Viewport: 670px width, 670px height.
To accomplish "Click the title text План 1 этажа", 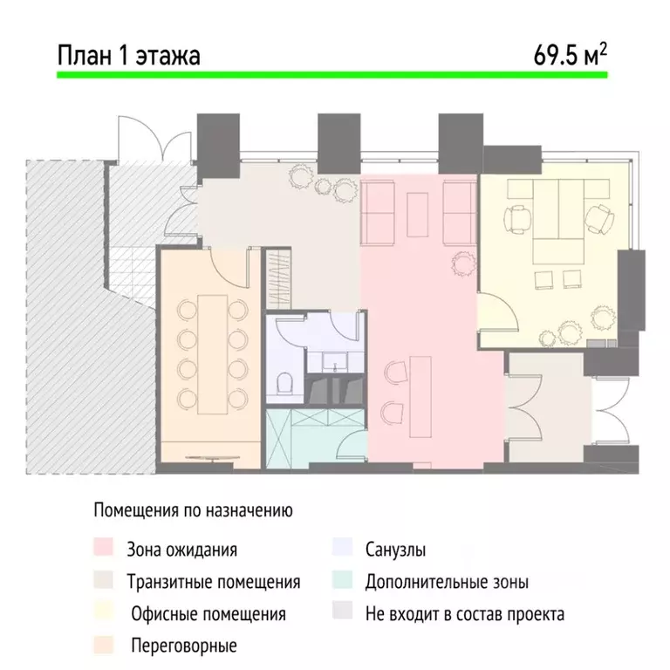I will tap(128, 56).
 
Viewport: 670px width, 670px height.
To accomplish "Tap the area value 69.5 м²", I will tap(571, 55).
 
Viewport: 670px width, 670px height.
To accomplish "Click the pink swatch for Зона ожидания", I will tap(102, 550).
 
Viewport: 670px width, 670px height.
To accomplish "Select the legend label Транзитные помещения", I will tap(213, 582).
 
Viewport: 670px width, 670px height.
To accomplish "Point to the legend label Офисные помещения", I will tap(209, 614).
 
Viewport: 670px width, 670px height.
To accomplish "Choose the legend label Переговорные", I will tap(183, 646).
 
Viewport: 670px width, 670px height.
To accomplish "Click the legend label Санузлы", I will tap(396, 550).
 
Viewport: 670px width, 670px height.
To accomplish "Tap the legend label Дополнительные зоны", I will tap(447, 582).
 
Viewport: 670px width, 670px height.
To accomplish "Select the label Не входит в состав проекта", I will tap(465, 614).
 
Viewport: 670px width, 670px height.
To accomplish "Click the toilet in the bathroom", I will tap(284, 384).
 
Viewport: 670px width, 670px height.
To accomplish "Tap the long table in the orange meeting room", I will tap(209, 352).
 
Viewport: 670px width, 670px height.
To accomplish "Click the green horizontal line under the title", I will tap(332, 77).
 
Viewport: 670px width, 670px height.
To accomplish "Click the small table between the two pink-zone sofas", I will tap(419, 213).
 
